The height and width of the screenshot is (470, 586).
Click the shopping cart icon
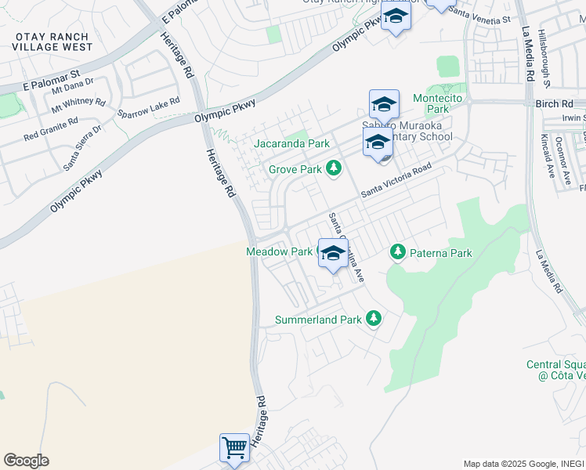[x=234, y=448]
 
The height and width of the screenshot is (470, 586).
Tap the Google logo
[x=26, y=461]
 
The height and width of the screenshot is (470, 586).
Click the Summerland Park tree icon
[x=374, y=317]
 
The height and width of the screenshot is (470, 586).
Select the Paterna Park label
[x=443, y=253]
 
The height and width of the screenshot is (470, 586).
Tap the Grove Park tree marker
[x=335, y=168]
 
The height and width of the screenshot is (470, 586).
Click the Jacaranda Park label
[x=291, y=144]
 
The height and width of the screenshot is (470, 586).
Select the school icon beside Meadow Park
[x=333, y=254]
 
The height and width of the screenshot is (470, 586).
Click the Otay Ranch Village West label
[x=52, y=42]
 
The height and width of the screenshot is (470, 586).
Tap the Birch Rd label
[x=557, y=103]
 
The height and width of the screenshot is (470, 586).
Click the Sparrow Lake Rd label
[x=149, y=107]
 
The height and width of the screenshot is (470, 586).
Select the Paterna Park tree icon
[x=398, y=252]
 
